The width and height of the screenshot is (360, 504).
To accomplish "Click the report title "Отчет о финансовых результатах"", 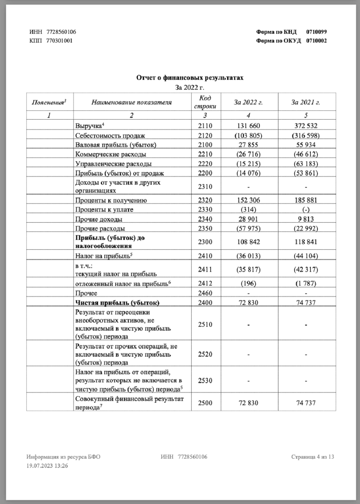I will click(189, 78).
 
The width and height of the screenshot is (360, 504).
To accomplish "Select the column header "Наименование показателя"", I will click(131, 102).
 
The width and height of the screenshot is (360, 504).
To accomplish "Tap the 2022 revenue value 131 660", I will click(249, 126).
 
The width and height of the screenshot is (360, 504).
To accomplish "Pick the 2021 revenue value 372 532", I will click(306, 126).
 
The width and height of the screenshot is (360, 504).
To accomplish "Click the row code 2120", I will click(205, 135).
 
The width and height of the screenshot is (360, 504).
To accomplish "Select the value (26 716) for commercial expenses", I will click(249, 154).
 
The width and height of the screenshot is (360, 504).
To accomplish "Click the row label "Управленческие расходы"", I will click(113, 164).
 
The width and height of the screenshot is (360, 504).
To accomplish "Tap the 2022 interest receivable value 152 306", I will click(249, 200).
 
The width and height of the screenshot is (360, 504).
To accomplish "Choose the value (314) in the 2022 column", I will click(249, 210).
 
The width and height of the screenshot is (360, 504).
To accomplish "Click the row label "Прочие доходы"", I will click(99, 219).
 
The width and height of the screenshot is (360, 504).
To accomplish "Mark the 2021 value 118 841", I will click(306, 242).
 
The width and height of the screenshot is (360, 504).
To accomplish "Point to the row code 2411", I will click(205, 269).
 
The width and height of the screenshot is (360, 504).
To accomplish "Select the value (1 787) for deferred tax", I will click(306, 283).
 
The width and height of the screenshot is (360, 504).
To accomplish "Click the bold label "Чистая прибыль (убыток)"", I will click(117, 303).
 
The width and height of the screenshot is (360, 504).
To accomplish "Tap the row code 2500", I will click(205, 403).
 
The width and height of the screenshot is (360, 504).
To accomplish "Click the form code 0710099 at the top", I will click(316, 32).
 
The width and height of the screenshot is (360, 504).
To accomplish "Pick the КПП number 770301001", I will click(59, 40).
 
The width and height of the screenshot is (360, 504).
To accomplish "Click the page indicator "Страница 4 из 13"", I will click(313, 457).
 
